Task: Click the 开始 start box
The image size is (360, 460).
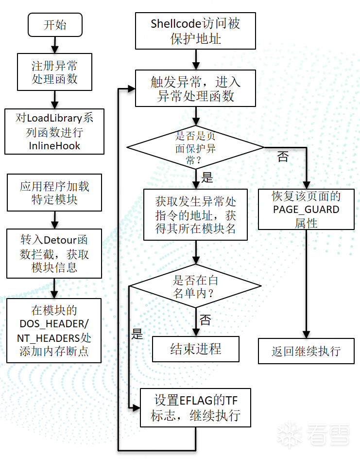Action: tap(55, 25)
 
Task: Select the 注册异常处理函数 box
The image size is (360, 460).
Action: tap(55, 72)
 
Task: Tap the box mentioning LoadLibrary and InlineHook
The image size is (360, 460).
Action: tap(55, 131)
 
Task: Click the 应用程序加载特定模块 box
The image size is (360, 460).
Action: tap(55, 193)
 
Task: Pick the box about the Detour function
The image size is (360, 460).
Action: tap(55, 254)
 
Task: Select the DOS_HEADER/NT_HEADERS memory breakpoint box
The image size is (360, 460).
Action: tap(55, 331)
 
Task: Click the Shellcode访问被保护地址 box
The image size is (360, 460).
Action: tap(195, 31)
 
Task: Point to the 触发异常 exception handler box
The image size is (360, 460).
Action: tap(195, 88)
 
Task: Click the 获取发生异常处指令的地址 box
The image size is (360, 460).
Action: tap(195, 214)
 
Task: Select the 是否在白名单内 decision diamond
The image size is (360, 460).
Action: tap(195, 286)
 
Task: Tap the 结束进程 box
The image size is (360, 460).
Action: tap(195, 349)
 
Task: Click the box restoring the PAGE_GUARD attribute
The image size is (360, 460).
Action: tap(306, 210)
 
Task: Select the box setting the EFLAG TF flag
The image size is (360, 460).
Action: tap(195, 407)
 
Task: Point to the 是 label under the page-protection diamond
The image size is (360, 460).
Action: tap(207, 177)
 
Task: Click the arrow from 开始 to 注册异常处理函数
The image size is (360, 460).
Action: tap(55, 45)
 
